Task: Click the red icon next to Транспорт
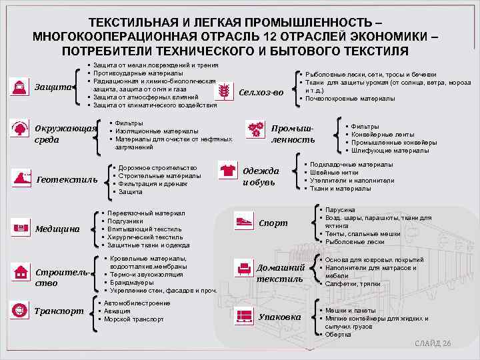(x=21, y=309)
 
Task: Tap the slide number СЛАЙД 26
(x=433, y=343)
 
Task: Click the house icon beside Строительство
(x=21, y=273)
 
